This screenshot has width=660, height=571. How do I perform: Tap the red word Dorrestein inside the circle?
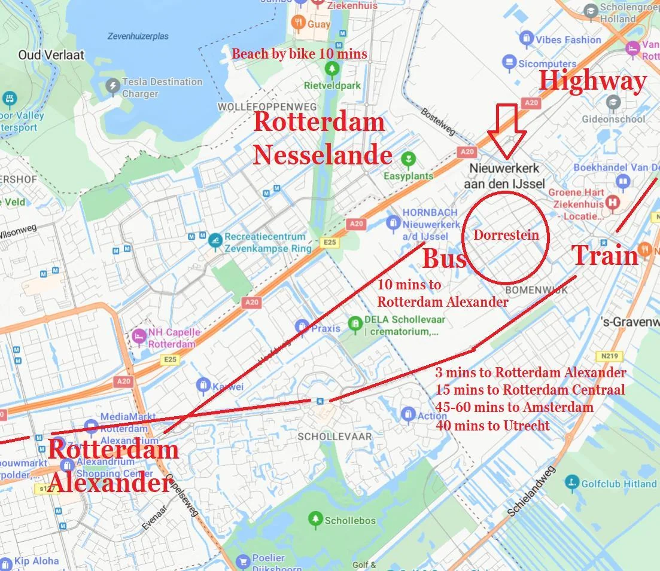[506, 235]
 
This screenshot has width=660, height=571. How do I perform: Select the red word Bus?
[444, 259]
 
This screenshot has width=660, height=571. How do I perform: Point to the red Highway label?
[592, 81]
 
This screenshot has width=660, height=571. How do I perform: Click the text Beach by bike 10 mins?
[299, 54]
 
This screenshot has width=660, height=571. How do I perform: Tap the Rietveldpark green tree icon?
[331, 69]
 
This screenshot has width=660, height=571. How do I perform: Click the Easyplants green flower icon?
[409, 159]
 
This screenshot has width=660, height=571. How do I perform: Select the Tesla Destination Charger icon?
[112, 87]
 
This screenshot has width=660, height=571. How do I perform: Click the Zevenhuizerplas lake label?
[138, 36]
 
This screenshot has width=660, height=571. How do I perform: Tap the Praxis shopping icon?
[302, 327]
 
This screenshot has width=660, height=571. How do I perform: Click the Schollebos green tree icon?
[315, 520]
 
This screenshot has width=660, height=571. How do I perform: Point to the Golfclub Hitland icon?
[572, 483]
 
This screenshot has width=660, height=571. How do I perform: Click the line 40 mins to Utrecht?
[493, 426]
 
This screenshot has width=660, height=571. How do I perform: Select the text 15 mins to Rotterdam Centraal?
[530, 390]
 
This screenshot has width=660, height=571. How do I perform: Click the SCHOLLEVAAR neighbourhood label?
[334, 437]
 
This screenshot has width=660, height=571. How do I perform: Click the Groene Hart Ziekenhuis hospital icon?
[613, 203]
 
